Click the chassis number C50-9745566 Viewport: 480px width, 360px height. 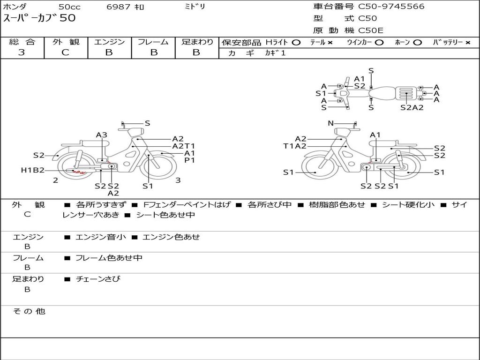[x=391, y=7]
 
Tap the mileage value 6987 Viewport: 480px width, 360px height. [x=120, y=7]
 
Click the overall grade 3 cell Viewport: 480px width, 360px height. [x=22, y=52]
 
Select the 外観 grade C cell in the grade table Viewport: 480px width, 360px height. [x=65, y=52]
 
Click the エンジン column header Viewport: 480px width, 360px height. [x=109, y=42]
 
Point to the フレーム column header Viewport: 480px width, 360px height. [x=153, y=42]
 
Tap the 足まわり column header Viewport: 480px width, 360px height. [x=197, y=42]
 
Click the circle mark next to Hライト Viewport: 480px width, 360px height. [x=296, y=43]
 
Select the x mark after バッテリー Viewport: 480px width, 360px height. [x=467, y=43]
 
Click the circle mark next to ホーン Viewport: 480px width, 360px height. [x=417, y=43]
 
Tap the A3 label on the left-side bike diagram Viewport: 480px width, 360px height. [x=102, y=135]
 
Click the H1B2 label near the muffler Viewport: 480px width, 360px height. [x=32, y=170]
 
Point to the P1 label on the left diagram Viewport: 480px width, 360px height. [x=189, y=160]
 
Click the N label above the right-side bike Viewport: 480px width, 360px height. [x=330, y=123]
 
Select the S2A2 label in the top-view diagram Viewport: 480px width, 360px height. [x=412, y=107]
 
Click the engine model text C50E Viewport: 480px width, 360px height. [x=371, y=30]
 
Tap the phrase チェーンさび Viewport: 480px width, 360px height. [x=98, y=279]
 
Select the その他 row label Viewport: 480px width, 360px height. [x=29, y=311]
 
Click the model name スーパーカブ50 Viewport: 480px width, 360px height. [x=39, y=18]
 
